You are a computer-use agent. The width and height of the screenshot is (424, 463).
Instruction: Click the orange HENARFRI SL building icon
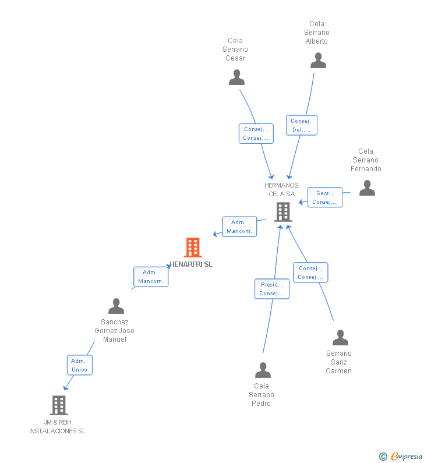pos(192,248)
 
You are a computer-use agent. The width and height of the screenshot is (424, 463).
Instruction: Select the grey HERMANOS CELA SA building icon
pos(282,212)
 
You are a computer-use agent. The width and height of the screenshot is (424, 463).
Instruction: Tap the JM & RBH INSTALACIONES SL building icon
pos(59,405)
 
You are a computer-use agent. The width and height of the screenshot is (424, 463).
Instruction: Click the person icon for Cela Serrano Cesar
pos(236,77)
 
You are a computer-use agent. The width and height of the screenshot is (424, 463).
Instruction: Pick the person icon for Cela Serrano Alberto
pos(318,61)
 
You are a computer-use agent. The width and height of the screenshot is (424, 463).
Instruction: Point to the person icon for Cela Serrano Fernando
pos(367,188)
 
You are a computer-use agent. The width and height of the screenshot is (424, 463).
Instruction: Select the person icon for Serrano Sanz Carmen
pos(340,338)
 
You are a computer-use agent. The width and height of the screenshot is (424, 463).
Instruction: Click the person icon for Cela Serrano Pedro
pos(263,370)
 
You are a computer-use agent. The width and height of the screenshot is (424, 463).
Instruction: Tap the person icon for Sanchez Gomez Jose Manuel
pos(116,306)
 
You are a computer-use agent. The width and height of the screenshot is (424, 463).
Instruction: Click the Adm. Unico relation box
pos(79,365)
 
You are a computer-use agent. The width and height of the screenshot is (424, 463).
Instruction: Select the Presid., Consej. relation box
pos(272,289)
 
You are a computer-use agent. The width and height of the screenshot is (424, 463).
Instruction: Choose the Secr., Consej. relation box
pos(325,197)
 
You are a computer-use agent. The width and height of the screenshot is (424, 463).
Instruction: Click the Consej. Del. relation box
pos(302,125)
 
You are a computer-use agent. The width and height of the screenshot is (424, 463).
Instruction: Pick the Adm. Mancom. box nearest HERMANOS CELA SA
pos(239,227)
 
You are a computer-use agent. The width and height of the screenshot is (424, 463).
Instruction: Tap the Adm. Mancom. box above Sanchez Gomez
pos(151,277)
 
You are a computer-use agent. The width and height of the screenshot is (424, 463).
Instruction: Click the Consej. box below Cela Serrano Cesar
pos(256,133)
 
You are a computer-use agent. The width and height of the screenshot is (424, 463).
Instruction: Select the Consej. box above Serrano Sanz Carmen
pos(311,273)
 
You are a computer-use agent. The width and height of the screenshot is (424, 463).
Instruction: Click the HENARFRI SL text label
pos(192,264)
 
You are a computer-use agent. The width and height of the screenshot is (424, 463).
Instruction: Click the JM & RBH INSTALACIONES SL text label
pos(58,427)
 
